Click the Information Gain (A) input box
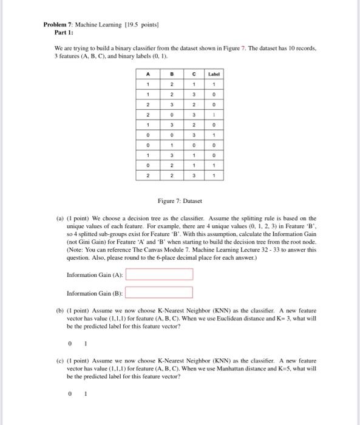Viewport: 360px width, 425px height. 159,275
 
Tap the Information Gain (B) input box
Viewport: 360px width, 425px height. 159,293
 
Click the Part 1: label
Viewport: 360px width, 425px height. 64,33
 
